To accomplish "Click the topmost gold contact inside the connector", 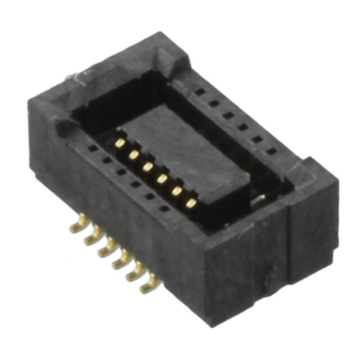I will (x=120, y=143).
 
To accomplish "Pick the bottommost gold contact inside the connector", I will (x=191, y=203).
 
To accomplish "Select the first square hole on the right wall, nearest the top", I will (x=199, y=91).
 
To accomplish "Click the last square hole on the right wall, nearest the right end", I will (x=272, y=151).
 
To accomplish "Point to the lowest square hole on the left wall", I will (x=164, y=208).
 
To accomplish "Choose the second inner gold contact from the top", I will (x=134, y=155).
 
